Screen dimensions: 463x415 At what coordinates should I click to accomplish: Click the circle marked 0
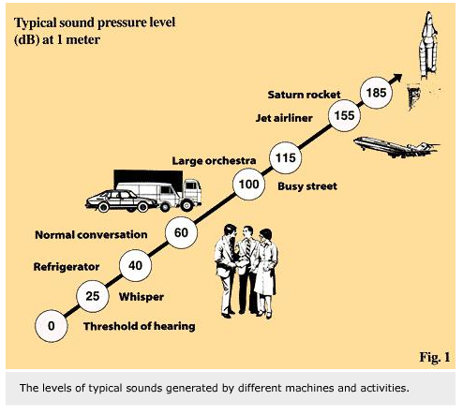tap(52, 326)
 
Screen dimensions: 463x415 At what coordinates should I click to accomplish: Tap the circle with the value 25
tap(93, 296)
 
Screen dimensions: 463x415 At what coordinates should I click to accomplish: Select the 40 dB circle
tap(135, 265)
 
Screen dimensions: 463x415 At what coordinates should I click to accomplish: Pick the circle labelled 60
tap(181, 232)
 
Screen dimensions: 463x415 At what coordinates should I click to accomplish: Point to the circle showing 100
tap(248, 185)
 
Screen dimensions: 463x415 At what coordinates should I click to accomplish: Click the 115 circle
tap(286, 157)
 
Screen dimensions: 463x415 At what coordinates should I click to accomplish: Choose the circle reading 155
tap(344, 115)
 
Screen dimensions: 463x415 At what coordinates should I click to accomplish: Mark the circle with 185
tap(376, 93)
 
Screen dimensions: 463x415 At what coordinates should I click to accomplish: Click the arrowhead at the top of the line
tap(397, 77)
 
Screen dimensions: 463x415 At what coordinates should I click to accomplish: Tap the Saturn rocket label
tap(304, 95)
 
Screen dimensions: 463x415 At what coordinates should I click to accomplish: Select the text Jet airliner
tap(284, 118)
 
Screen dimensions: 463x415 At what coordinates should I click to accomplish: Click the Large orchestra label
tap(214, 161)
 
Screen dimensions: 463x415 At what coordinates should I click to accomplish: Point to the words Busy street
tap(307, 186)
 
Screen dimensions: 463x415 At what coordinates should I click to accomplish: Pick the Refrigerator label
tap(67, 267)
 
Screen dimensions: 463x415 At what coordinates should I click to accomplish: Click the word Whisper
tap(142, 297)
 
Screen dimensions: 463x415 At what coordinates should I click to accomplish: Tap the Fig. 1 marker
tap(435, 357)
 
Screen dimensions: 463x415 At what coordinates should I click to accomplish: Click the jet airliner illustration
tap(396, 147)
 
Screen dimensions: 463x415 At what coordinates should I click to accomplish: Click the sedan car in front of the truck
tap(122, 200)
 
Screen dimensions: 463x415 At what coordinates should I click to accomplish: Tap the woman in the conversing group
tap(266, 272)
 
